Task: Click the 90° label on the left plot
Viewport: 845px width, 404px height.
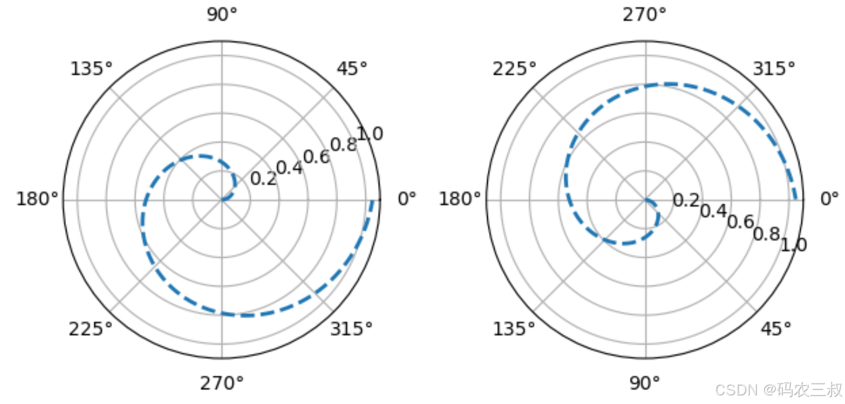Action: coord(222,15)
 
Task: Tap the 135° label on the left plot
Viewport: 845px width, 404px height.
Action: coord(91,69)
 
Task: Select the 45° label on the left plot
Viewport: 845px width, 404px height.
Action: coord(352,69)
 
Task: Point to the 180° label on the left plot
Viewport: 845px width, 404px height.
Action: coord(37,199)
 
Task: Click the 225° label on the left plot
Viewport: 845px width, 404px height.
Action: coord(91,329)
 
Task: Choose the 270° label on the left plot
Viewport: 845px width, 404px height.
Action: coord(222,384)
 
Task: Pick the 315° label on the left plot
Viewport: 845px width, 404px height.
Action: coord(352,329)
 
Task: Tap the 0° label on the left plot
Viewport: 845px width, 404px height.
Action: coord(407,199)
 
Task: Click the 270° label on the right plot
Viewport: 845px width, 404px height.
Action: coord(645,15)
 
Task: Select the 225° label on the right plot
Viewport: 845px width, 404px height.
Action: coord(514,69)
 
